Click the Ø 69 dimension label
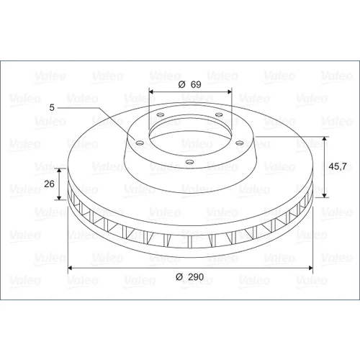(x=189, y=84)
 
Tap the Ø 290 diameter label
(x=189, y=277)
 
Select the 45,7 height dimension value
(x=338, y=166)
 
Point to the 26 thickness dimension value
(x=49, y=184)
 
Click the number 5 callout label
(x=52, y=107)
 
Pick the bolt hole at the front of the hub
(x=190, y=162)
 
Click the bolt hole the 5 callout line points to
(x=140, y=143)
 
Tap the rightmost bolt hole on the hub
(x=239, y=143)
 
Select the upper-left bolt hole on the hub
(x=160, y=114)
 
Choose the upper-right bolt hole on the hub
(x=219, y=114)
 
